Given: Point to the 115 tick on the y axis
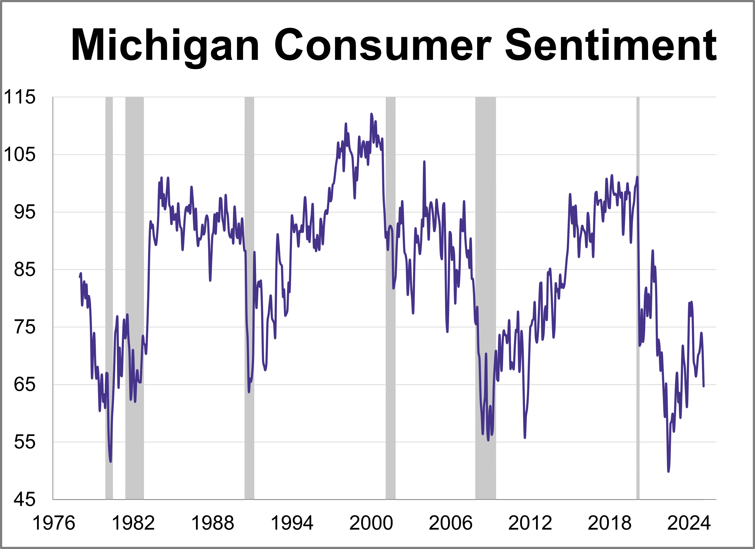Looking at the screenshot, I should (19, 97).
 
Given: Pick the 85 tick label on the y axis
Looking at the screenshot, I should (24, 269).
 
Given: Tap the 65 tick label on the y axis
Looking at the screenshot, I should (24, 384).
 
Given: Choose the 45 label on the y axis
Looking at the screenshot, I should (24, 500).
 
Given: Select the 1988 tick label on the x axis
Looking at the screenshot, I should (212, 523).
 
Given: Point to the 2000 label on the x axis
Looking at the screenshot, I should (371, 523).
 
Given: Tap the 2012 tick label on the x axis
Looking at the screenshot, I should (530, 523).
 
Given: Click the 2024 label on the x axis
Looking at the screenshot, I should (689, 523).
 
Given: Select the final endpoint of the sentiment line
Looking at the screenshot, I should (703, 386).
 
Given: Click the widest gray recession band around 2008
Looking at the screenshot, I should (485, 300).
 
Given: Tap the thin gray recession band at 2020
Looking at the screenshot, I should (638, 300).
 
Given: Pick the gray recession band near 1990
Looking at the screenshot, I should (249, 300).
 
